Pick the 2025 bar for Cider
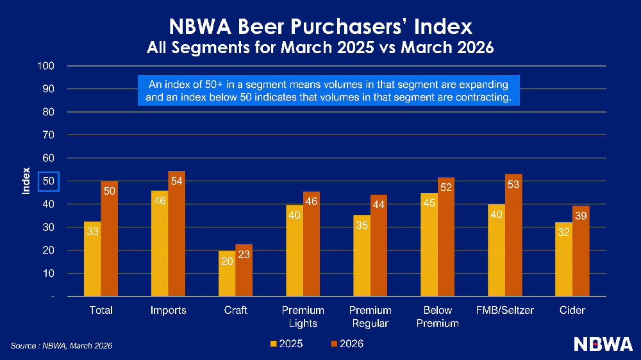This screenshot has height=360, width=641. pos(564,259)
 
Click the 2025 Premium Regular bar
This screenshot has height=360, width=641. pos(362,256)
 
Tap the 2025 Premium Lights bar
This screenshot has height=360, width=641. pos(294,250)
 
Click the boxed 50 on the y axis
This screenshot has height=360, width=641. pos(49,182)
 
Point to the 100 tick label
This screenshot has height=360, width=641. pos(46,66)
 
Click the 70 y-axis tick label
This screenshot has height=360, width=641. pos(49,135)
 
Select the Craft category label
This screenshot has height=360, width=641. pos(235,311)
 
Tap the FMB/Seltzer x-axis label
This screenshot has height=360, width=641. pos(505,311)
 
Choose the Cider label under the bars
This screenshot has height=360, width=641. pos(572,311)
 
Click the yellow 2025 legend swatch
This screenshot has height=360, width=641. pos(273,345)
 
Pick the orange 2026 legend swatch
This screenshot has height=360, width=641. pos(335,345)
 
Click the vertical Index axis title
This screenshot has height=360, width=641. pos(26,182)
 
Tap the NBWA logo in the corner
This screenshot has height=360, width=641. pos(603,344)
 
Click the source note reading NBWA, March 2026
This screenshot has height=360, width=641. pos(62,346)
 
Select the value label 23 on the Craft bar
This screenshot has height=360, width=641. pos(244,254)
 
